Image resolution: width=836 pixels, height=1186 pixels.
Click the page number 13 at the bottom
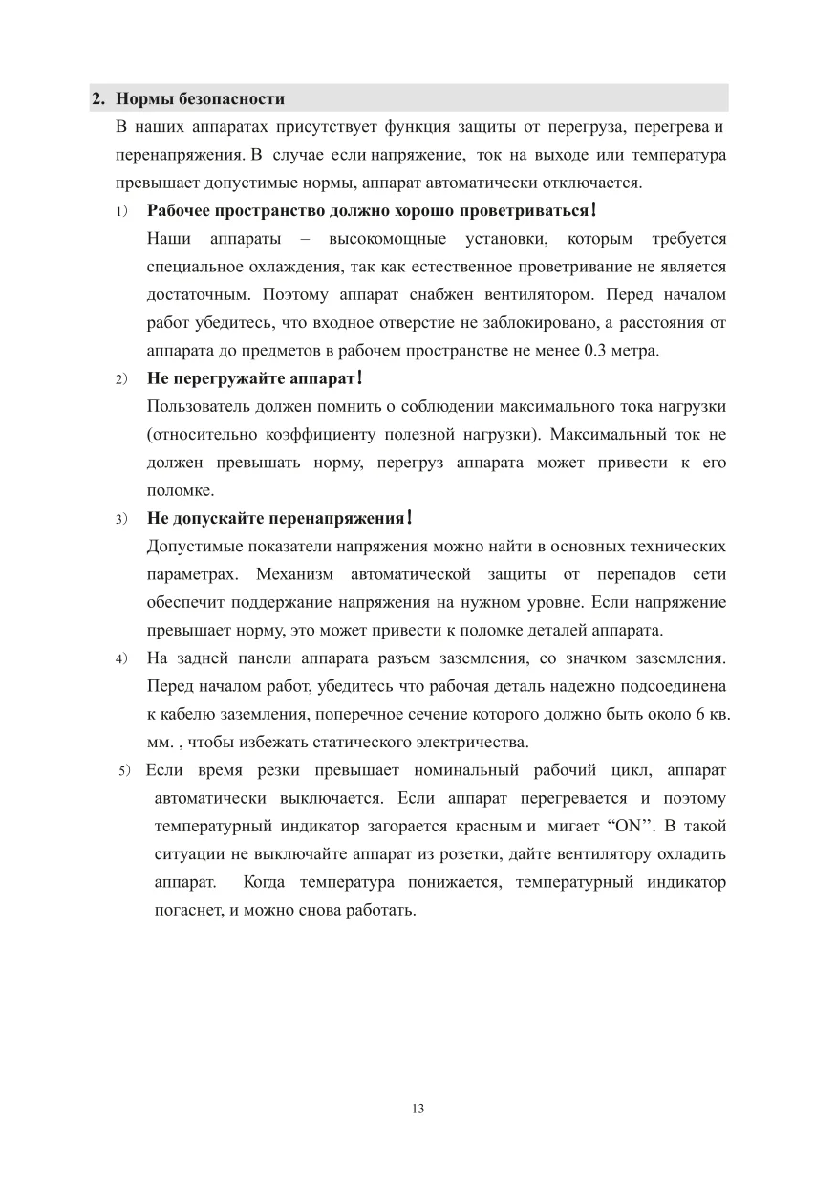418,1109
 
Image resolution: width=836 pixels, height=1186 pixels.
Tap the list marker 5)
123,770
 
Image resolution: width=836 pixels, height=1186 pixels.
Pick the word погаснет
186,909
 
